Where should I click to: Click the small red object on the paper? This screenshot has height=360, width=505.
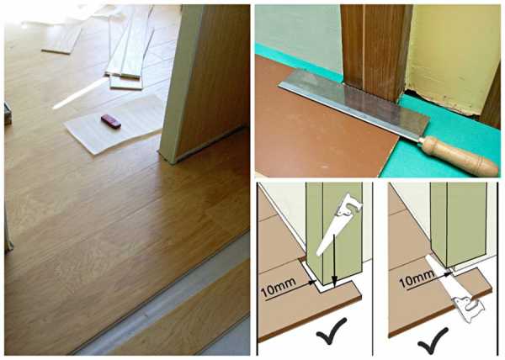tap(111, 121)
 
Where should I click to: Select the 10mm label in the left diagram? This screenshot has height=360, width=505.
tap(279, 288)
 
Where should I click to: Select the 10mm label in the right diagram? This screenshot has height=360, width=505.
tap(416, 279)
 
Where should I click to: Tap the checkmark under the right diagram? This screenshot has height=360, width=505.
tap(433, 341)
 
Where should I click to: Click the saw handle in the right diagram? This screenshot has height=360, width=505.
tap(468, 309)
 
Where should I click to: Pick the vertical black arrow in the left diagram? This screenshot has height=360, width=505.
tap(335, 260)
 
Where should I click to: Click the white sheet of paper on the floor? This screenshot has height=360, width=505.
tap(114, 124)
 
